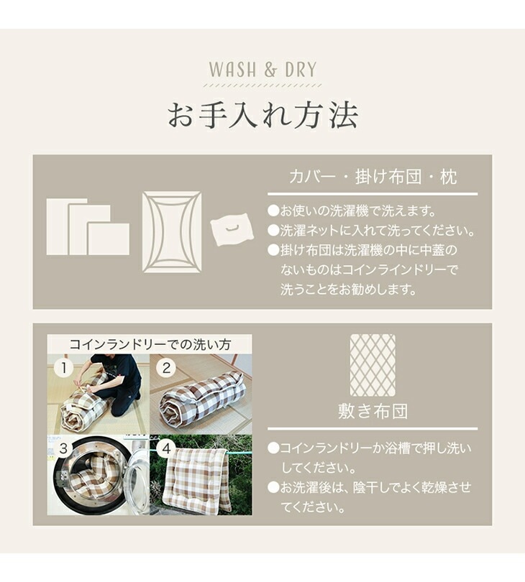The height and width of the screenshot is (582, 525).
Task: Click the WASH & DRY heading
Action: click(x=262, y=70)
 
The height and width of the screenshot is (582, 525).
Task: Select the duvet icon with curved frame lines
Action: click(x=172, y=232)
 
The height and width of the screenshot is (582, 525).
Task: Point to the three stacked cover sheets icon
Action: click(x=88, y=227)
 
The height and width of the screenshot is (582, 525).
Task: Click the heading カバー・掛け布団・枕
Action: click(x=373, y=177)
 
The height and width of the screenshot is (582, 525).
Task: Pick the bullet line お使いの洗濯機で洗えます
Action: click(x=352, y=211)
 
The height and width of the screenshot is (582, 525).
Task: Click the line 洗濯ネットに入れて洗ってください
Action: click(x=372, y=231)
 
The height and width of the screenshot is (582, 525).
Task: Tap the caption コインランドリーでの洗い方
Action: click(x=150, y=344)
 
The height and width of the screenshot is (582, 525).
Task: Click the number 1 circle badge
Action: click(x=64, y=368)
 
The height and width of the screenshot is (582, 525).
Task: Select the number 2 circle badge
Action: click(x=166, y=368)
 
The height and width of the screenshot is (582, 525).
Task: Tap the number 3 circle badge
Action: click(x=64, y=448)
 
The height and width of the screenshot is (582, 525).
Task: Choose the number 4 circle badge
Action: click(x=166, y=448)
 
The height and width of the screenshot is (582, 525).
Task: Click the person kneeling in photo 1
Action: click(x=115, y=382)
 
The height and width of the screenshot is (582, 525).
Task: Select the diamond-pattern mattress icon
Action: click(x=373, y=365)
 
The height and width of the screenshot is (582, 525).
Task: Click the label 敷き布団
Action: click(x=373, y=411)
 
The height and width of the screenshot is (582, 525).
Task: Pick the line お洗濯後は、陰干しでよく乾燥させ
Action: click(x=370, y=487)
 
